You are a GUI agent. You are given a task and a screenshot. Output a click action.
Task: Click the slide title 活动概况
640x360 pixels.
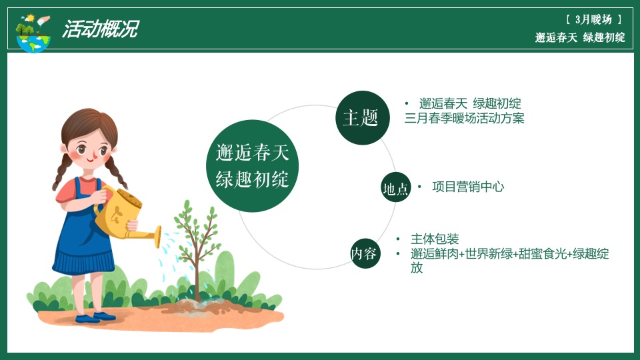100,29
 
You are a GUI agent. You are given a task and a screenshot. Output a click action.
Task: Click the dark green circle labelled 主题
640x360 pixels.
361,118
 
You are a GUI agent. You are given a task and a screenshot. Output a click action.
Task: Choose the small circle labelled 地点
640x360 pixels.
395,188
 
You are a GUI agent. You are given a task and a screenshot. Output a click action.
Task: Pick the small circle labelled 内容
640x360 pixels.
365,253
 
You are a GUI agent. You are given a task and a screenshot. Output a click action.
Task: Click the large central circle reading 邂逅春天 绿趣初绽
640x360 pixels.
252,166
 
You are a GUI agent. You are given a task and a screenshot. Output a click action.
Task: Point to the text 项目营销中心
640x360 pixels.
468,187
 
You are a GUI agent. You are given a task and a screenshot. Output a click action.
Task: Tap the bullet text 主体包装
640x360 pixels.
435,239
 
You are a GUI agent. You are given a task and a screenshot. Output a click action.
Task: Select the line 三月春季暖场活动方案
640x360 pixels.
464,119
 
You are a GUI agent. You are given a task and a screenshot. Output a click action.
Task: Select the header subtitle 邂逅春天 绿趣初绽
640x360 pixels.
580,38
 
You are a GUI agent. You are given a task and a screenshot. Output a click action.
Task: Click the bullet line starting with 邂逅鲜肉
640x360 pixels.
509,254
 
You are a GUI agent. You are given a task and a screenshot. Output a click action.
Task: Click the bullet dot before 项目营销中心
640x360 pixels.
419,187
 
